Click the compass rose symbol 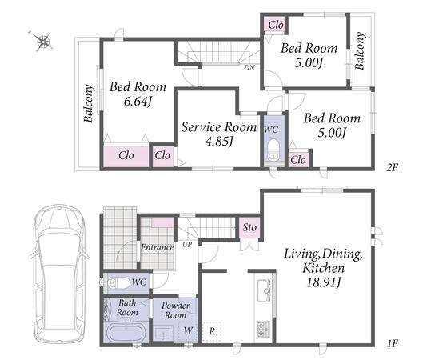pyautogui.click(x=42, y=42)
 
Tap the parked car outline pyautogui.click(x=60, y=274)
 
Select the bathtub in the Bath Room pyautogui.click(x=126, y=333)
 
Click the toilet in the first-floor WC pyautogui.click(x=117, y=283)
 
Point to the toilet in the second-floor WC pyautogui.click(x=273, y=151)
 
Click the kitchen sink pyautogui.click(x=264, y=290)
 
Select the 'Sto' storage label pyautogui.click(x=249, y=227)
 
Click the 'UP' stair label pyautogui.click(x=187, y=245)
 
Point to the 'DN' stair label pyautogui.click(x=249, y=68)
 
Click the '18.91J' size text pyautogui.click(x=324, y=282)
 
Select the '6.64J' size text pyautogui.click(x=138, y=102)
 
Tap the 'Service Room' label pyautogui.click(x=219, y=127)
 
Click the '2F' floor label pyautogui.click(x=392, y=168)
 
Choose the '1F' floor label pyautogui.click(x=393, y=343)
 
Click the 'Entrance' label pyautogui.click(x=157, y=247)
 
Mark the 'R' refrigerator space pyautogui.click(x=212, y=331)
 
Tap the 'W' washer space pyautogui.click(x=188, y=330)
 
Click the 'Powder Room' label pyautogui.click(x=176, y=310)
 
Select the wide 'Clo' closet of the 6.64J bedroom pyautogui.click(x=126, y=155)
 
